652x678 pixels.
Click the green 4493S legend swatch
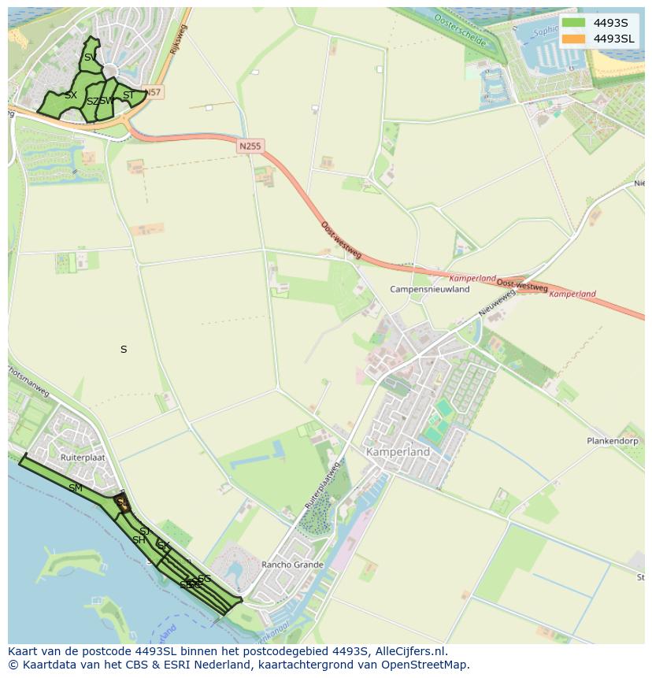point(573,23)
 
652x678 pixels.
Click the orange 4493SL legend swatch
point(573,39)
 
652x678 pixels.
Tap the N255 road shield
point(250,146)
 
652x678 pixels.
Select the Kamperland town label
point(398,452)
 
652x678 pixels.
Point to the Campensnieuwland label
point(429,289)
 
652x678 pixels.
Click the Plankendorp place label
point(612,441)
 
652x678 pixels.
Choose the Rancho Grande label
point(293,565)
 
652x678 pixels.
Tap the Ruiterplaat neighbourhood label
point(83,456)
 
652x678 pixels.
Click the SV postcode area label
point(91,57)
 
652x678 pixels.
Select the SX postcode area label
point(71,95)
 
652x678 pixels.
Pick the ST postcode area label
point(128,95)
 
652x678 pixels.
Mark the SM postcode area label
point(76,488)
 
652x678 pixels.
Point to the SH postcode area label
point(139,540)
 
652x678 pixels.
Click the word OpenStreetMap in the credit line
point(429,665)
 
